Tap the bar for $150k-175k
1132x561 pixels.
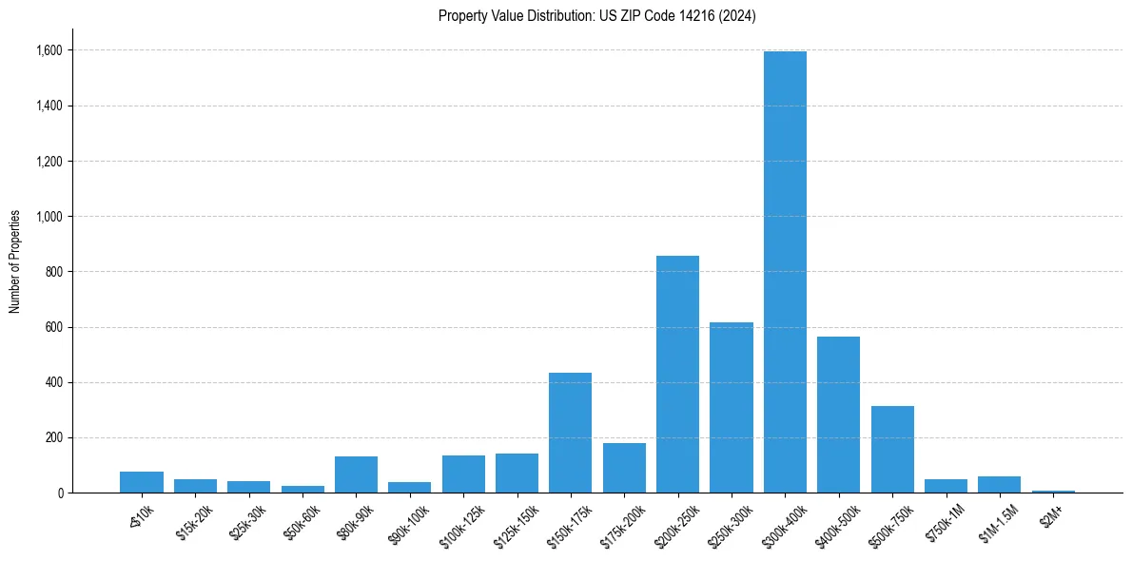[570, 433]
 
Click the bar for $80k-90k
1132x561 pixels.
[356, 474]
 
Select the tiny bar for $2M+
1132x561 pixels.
[1053, 492]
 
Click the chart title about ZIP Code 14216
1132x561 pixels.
[596, 16]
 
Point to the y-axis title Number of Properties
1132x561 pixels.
[15, 261]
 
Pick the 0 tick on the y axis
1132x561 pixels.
[61, 493]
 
